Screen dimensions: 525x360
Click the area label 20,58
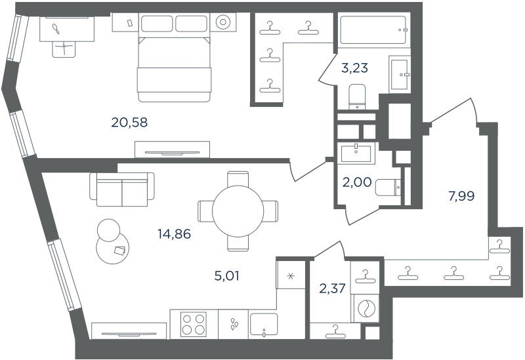click(x=129, y=123)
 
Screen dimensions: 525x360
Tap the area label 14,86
click(x=174, y=234)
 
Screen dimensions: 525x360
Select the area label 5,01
click(x=226, y=276)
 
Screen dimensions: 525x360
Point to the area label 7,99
click(x=461, y=196)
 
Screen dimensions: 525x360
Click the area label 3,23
click(x=354, y=68)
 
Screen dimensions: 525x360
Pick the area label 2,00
click(x=357, y=182)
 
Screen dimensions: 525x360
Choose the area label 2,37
click(x=333, y=288)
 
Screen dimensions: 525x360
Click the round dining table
click(x=238, y=211)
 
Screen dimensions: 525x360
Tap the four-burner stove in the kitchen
click(x=194, y=324)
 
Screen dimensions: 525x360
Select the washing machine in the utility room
click(x=365, y=308)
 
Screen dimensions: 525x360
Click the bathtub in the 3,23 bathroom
click(x=373, y=30)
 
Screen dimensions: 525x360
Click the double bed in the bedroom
click(x=174, y=58)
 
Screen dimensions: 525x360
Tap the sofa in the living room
click(x=122, y=190)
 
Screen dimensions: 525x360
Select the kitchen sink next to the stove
click(x=264, y=325)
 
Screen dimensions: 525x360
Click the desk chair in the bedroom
click(x=64, y=49)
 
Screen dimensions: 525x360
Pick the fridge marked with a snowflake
click(x=291, y=275)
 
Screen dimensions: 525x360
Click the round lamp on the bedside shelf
click(x=222, y=22)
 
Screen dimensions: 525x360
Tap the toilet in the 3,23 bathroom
click(x=358, y=97)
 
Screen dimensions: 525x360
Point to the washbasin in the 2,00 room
click(x=356, y=153)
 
